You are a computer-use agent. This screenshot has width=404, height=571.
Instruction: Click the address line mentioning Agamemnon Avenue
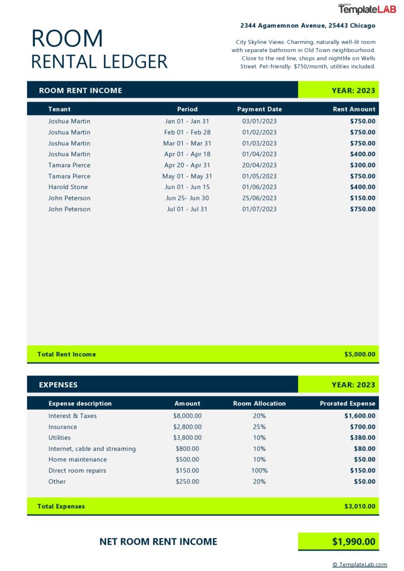308,26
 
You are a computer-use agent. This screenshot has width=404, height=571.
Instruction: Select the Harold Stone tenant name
68,187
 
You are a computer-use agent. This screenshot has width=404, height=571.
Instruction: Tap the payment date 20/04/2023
259,165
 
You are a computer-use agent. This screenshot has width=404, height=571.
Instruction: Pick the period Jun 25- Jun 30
187,198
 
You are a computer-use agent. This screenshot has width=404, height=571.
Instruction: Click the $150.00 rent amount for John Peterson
363,198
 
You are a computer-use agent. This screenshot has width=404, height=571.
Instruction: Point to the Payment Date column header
259,109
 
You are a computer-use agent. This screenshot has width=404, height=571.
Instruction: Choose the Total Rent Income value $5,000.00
360,354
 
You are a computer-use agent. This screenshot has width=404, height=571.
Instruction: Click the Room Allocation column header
259,404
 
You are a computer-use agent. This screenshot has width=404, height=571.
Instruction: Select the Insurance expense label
63,427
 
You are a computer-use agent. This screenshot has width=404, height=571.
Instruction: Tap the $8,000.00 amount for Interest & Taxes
187,416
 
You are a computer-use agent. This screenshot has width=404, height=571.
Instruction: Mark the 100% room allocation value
259,471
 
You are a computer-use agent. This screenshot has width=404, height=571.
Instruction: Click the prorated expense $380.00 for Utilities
363,438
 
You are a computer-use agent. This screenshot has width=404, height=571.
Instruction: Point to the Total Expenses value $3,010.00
360,507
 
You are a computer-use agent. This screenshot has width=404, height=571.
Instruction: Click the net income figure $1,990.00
353,542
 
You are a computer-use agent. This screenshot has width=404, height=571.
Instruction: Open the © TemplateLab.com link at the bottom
360,565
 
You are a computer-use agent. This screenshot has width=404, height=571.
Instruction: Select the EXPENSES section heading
58,385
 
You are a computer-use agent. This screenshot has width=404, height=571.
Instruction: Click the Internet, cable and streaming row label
92,449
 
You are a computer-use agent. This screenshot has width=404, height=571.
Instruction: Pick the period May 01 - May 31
187,176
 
